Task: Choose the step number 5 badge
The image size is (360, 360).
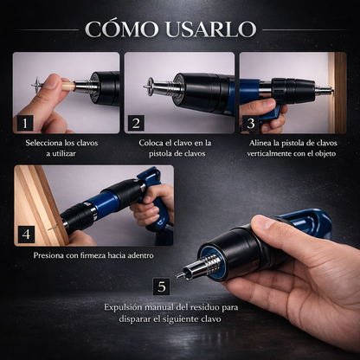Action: (160, 286)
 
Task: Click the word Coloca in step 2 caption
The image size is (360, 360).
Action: (156, 142)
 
